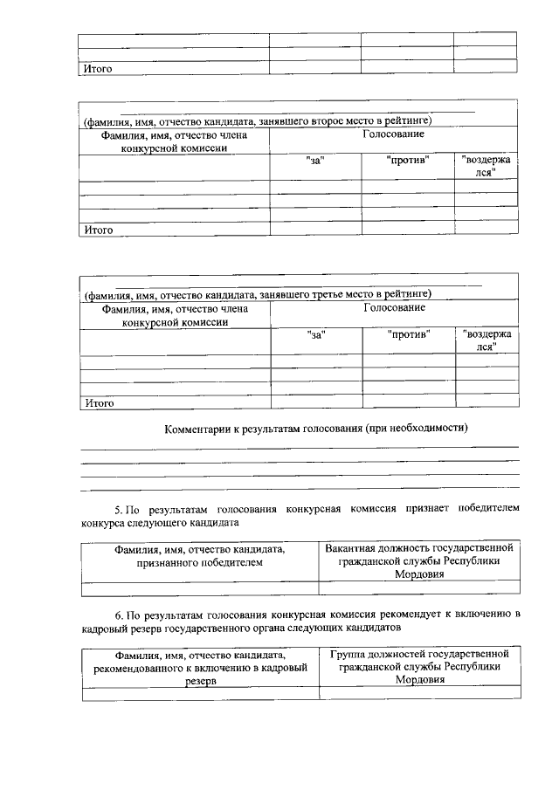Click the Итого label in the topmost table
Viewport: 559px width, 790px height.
point(97,67)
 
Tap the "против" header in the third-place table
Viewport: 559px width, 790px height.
point(408,333)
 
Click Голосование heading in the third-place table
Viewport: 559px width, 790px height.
point(394,308)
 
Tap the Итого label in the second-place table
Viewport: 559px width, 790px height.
point(97,230)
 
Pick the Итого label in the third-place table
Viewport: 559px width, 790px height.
point(99,403)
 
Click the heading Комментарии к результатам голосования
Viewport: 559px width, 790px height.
point(316,429)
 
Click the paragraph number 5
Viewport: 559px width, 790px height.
point(120,507)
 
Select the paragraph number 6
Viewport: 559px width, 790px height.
point(120,614)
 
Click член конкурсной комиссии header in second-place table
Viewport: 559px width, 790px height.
point(173,141)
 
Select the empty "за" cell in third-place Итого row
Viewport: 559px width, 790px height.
point(315,403)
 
